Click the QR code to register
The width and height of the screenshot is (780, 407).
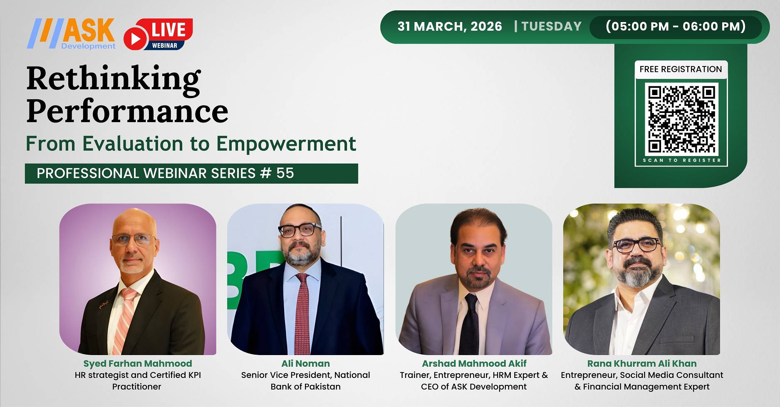point(681,119)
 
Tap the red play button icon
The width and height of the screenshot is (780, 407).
point(135,39)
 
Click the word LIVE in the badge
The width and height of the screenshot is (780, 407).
point(168,30)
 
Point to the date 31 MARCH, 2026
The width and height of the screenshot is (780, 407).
point(450,27)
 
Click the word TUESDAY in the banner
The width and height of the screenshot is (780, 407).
point(551,27)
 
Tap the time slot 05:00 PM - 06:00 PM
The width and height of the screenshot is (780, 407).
point(676,27)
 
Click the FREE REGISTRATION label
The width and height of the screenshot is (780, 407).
point(681,69)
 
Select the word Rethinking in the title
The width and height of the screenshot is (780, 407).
point(114,79)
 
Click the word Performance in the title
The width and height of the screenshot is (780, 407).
point(127,111)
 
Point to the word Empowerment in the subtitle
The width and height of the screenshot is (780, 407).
point(286,144)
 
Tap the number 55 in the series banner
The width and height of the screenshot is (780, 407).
point(285,173)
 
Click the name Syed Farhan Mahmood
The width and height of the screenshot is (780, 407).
point(138,364)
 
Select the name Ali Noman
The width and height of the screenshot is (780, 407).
point(305,364)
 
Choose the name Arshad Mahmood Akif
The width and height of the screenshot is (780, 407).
point(474,364)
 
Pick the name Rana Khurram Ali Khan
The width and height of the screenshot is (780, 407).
point(641,364)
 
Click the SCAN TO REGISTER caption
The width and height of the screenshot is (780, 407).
point(681,160)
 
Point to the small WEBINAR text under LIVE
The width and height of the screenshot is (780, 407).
point(164,46)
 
